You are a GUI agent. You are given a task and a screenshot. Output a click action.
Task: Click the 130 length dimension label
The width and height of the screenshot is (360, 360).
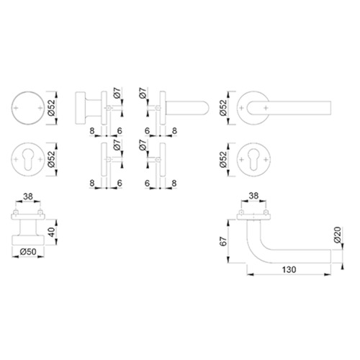tap(289, 269)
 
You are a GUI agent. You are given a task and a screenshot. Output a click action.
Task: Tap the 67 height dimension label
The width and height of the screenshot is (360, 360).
tap(223, 241)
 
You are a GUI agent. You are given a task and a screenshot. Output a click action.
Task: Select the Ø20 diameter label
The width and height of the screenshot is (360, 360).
tap(337, 235)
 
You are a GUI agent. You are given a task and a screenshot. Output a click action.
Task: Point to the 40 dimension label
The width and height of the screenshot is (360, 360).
tap(52, 232)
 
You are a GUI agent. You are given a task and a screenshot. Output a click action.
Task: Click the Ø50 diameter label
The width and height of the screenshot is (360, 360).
tap(28, 252)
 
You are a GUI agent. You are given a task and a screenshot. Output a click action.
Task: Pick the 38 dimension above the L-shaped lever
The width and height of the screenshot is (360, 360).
tap(253, 196)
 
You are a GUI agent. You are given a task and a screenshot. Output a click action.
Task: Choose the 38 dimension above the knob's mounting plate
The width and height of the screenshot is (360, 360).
tap(28, 197)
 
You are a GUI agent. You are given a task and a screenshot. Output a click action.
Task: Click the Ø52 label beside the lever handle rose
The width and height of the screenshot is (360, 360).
tap(223, 108)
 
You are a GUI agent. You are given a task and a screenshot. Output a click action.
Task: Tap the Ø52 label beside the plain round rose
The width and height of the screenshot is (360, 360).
tap(51, 108)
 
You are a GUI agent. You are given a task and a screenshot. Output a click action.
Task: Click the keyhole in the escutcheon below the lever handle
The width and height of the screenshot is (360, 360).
tap(253, 158)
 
